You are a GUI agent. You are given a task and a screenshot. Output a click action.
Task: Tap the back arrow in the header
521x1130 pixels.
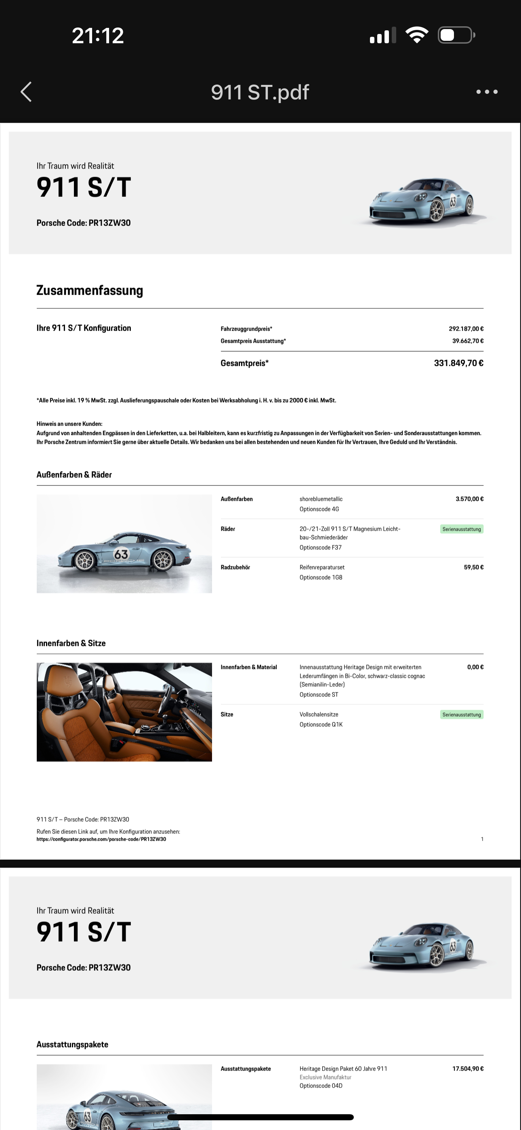click(x=26, y=92)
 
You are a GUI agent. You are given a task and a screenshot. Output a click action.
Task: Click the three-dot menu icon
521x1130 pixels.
click(x=487, y=92)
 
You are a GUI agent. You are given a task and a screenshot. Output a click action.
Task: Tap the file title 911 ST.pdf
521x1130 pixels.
click(x=260, y=92)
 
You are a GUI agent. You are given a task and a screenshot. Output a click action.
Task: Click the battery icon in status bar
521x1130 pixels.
click(x=456, y=35)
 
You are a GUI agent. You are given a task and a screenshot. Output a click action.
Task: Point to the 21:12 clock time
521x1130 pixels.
click(x=98, y=36)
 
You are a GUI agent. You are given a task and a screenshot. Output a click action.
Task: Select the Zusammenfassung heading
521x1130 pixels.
click(x=90, y=291)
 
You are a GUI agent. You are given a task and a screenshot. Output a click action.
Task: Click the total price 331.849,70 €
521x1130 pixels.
click(x=458, y=363)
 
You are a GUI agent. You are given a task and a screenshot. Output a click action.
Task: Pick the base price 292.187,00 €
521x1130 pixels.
click(x=466, y=329)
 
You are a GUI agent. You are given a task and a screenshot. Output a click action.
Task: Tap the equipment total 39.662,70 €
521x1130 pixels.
click(x=468, y=341)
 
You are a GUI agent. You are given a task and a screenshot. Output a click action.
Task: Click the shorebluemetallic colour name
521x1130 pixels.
click(x=321, y=499)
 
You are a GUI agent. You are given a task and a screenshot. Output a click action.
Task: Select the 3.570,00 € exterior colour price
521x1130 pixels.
click(x=469, y=499)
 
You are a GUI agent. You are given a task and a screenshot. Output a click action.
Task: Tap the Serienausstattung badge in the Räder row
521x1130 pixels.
click(x=461, y=529)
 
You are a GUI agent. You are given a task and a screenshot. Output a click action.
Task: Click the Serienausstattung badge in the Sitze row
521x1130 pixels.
click(x=461, y=715)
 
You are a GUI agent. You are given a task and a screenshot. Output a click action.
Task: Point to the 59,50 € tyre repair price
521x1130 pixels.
click(x=474, y=567)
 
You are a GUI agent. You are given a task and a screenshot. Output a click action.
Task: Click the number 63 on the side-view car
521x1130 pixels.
click(x=121, y=554)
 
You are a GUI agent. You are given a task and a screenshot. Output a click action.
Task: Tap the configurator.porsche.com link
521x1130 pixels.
click(x=101, y=839)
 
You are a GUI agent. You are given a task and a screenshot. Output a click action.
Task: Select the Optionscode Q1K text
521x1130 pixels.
click(x=321, y=725)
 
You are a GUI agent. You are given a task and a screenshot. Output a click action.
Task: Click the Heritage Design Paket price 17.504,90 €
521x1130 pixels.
click(x=468, y=1069)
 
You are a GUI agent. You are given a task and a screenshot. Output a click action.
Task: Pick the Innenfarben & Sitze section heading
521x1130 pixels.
click(x=71, y=643)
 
